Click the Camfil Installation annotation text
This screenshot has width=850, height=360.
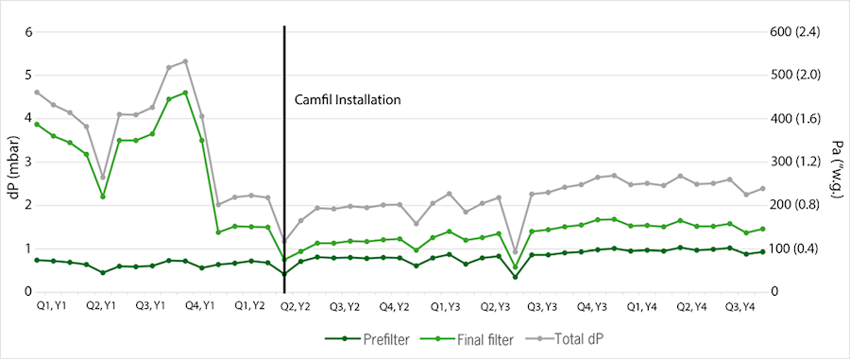pyautogui.click(x=348, y=99)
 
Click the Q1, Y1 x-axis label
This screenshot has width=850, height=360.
pyautogui.click(x=50, y=307)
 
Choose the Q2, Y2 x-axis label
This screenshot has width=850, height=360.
pyautogui.click(x=297, y=307)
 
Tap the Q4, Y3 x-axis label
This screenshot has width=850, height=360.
pyautogui.click(x=592, y=307)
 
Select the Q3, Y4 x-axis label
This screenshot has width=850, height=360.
pyautogui.click(x=739, y=307)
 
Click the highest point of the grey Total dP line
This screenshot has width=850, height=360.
pyautogui.click(x=185, y=61)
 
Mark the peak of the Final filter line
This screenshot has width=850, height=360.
pyautogui.click(x=185, y=93)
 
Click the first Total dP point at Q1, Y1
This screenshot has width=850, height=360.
pyautogui.click(x=37, y=92)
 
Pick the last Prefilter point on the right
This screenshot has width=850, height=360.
pyautogui.click(x=762, y=251)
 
